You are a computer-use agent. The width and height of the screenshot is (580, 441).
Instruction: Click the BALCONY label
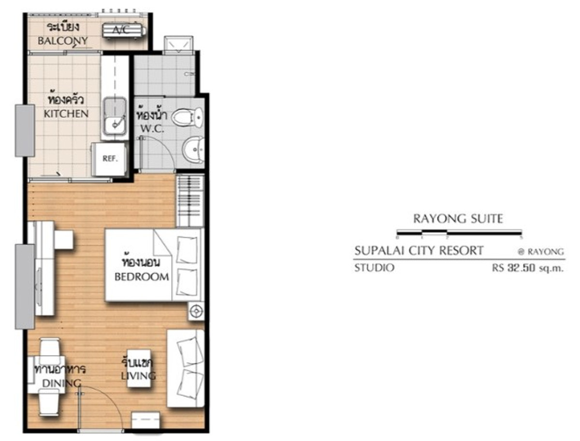click(62, 41)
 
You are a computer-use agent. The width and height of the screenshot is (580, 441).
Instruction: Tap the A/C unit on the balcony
click(124, 30)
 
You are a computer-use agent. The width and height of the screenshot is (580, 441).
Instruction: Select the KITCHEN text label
click(66, 114)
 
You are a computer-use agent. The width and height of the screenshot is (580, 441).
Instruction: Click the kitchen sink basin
click(115, 116)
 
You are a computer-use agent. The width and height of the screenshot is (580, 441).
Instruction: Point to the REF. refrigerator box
click(110, 159)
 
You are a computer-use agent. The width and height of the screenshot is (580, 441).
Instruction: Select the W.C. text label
click(152, 128)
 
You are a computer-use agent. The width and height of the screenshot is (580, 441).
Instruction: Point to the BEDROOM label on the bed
click(142, 276)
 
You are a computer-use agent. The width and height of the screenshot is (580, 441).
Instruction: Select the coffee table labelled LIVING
click(139, 369)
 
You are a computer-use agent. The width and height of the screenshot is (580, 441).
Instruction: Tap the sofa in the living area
click(186, 369)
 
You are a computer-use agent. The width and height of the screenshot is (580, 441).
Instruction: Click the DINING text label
click(61, 383)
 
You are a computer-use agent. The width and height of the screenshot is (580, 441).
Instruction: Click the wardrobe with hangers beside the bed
click(190, 200)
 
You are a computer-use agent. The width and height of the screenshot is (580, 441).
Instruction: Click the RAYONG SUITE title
click(458, 219)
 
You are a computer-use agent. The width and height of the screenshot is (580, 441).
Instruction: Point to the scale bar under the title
click(459, 233)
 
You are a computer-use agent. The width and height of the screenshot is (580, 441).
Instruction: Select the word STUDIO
click(374, 268)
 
